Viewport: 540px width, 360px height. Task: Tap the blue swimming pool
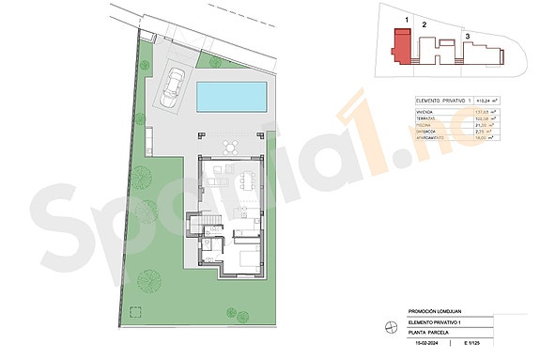(232, 95)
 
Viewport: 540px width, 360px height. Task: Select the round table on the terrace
(229, 146)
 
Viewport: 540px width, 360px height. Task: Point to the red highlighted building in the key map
(402, 47)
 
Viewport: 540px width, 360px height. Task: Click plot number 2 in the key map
(424, 25)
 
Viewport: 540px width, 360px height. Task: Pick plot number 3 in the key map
(468, 37)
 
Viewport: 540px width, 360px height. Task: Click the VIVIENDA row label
(424, 113)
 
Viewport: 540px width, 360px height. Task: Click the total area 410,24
(487, 100)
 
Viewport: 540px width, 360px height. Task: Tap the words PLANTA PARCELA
(429, 333)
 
